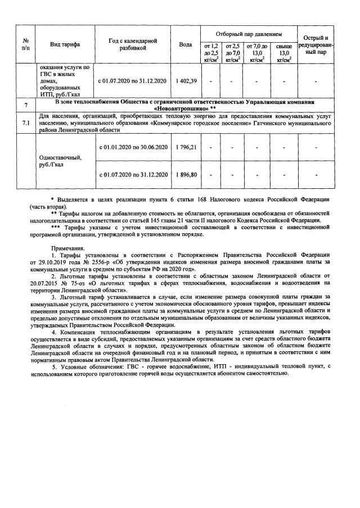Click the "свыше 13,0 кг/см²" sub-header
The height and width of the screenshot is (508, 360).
click(285, 53)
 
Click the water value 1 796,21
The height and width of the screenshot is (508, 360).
click(186, 147)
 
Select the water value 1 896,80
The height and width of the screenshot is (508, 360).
click(186, 175)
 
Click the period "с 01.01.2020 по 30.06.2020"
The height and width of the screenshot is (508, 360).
click(133, 147)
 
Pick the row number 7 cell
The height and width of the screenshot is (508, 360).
click(26, 105)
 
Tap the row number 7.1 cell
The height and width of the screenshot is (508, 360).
click(26, 123)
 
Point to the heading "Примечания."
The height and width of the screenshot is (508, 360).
click(68, 248)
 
